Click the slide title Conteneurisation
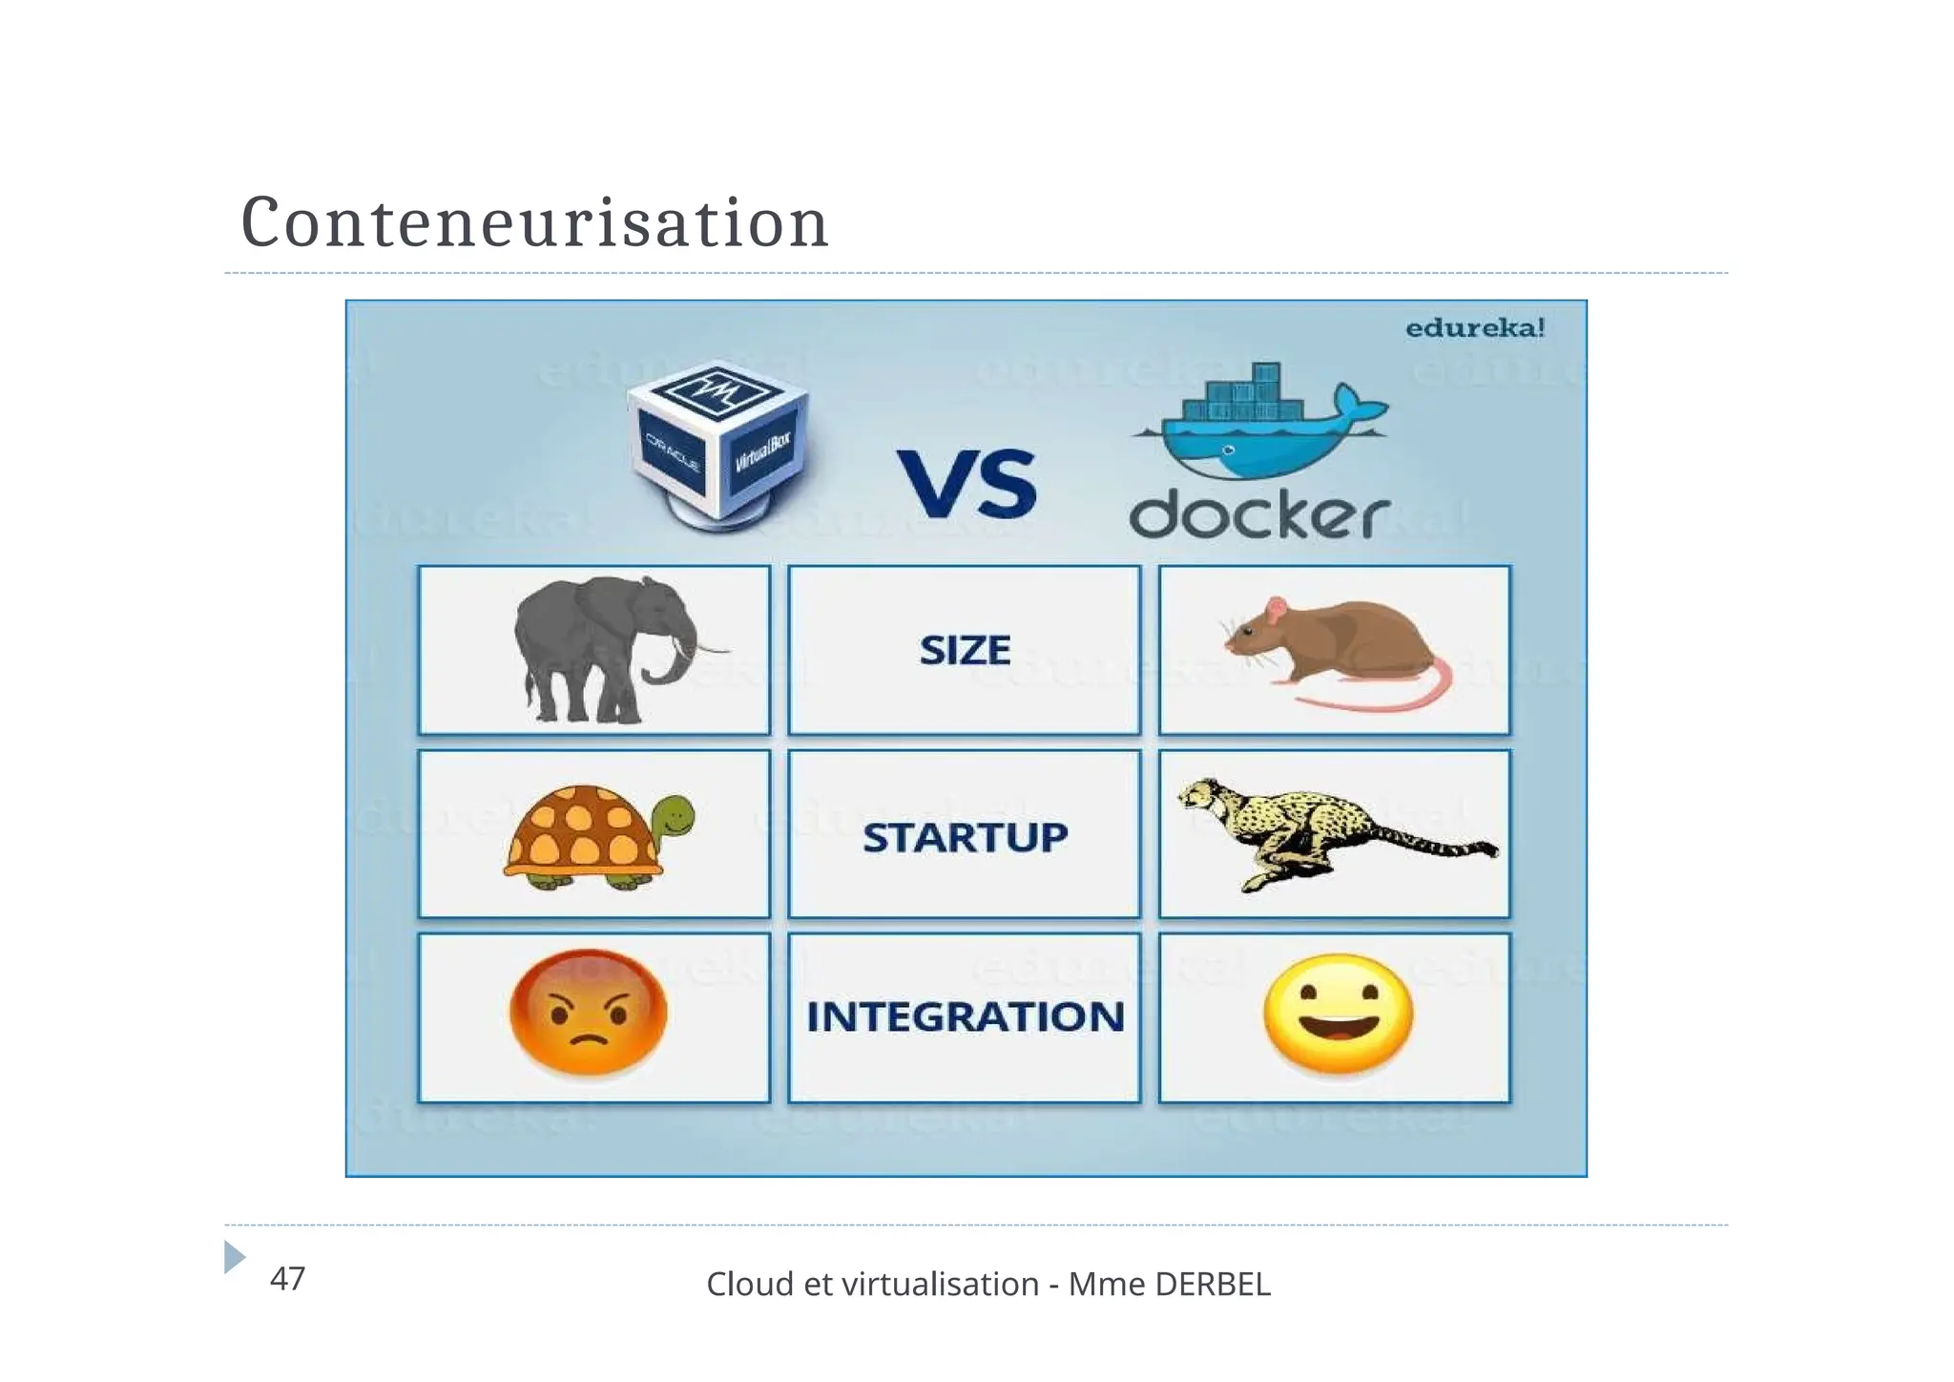(x=534, y=223)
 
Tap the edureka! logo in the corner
(x=1474, y=328)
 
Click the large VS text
(x=966, y=485)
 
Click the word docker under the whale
(x=1259, y=516)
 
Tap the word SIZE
(x=965, y=651)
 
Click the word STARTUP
(x=965, y=838)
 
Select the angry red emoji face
(x=588, y=1014)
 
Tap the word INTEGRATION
(x=965, y=1017)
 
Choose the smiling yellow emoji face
(x=1337, y=1014)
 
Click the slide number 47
(x=287, y=1279)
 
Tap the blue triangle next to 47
(x=234, y=1257)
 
